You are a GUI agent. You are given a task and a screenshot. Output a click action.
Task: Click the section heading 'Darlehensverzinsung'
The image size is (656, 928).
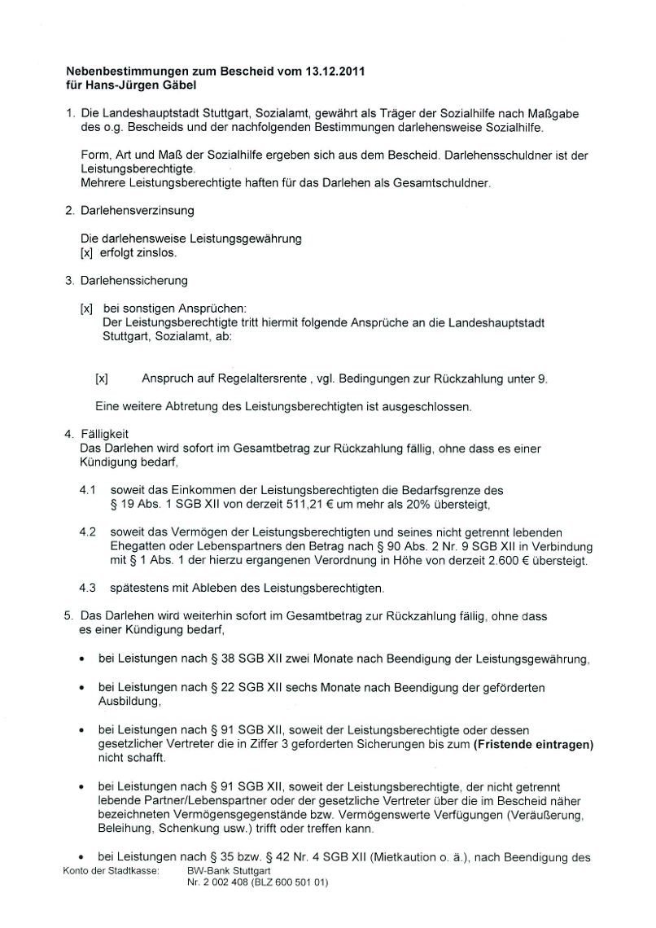137,211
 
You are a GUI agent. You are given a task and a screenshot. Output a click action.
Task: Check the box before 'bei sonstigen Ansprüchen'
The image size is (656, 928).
86,309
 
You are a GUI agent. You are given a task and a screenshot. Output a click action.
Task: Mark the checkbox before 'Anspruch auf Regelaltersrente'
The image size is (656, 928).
102,379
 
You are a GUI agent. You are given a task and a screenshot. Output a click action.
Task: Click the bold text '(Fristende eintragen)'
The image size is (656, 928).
533,743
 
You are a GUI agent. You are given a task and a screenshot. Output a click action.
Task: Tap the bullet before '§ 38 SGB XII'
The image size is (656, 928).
82,659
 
